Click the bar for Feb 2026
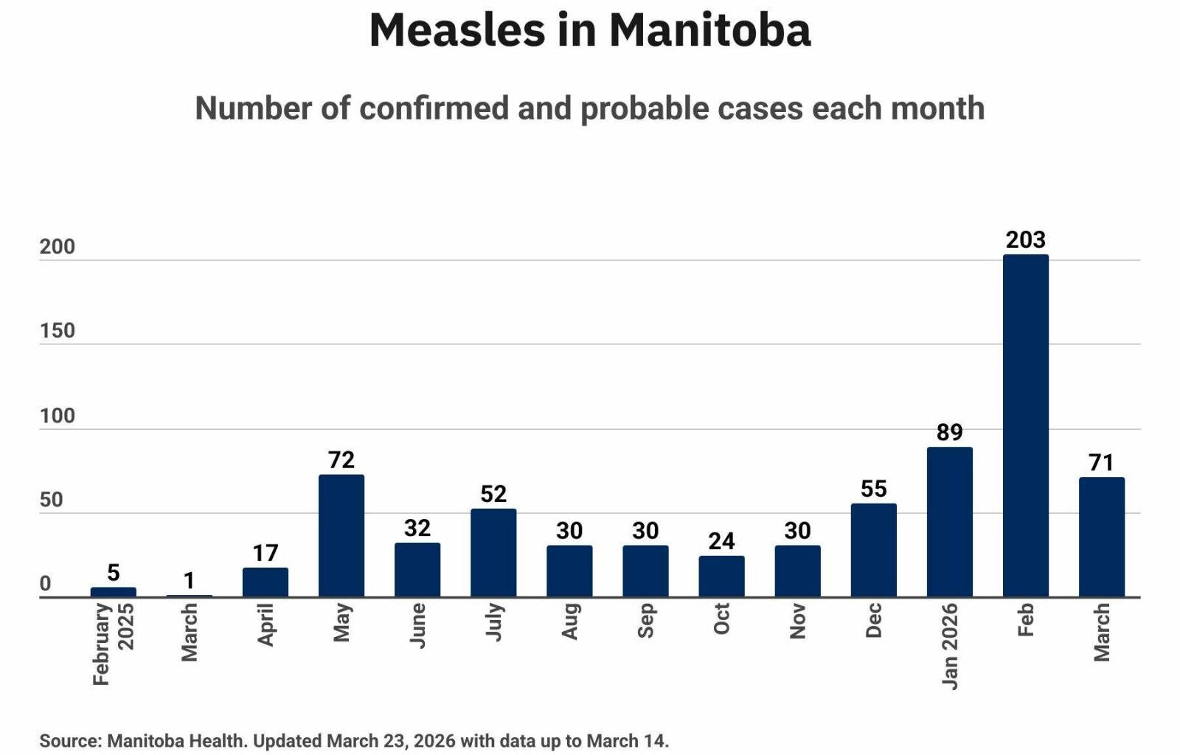pos(1025,426)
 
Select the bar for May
pos(341,536)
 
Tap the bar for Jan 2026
pos(949,522)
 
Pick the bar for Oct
pos(721,577)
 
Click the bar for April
pos(265,582)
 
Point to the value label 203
pos(1025,240)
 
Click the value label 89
pos(949,432)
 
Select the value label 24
pos(721,541)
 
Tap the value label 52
pos(493,494)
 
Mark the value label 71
pos(1101,462)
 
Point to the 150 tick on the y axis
pos(58,330)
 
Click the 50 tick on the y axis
pos(52,500)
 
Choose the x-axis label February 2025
pos(113,643)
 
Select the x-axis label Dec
pos(873,620)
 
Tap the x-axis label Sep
pos(645,620)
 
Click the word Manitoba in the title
pos(709,31)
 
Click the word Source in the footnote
pos(69,740)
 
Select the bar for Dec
pos(873,550)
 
